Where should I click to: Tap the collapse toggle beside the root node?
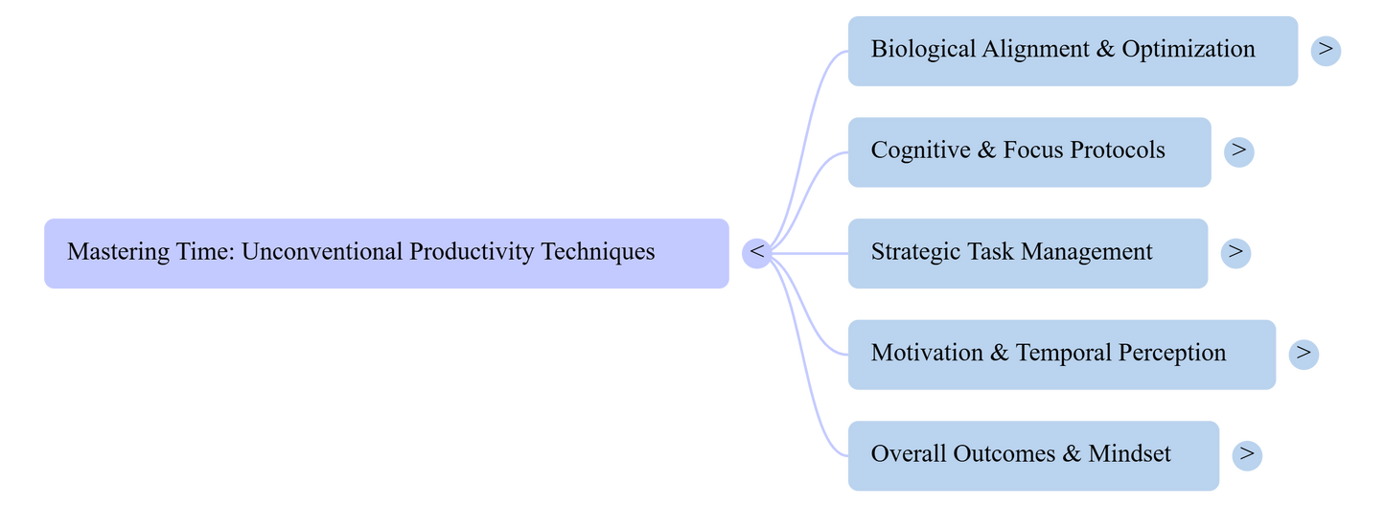[756, 253]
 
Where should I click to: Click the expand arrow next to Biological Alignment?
[1326, 50]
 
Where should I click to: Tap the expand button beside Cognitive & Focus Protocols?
[1238, 151]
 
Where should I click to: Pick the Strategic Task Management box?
[1027, 253]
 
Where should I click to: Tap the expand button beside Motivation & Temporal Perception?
[1304, 354]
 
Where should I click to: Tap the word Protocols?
[1118, 150]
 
